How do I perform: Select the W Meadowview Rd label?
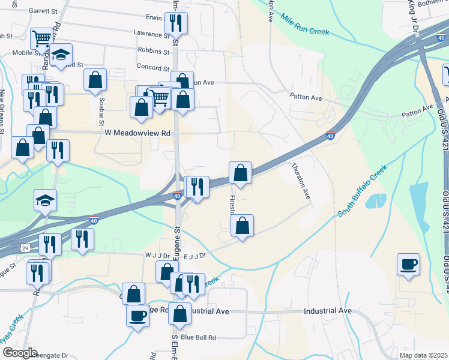click(x=137, y=133)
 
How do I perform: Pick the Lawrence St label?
click(x=152, y=34)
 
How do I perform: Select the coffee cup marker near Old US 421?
click(x=408, y=264)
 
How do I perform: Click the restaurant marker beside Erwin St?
click(x=176, y=23)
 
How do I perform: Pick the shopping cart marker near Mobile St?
click(x=42, y=39)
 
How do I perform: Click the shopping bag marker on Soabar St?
click(x=95, y=80)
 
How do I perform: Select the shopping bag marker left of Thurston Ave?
click(x=240, y=173)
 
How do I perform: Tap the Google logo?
click(x=20, y=353)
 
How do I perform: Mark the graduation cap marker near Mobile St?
click(x=61, y=55)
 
